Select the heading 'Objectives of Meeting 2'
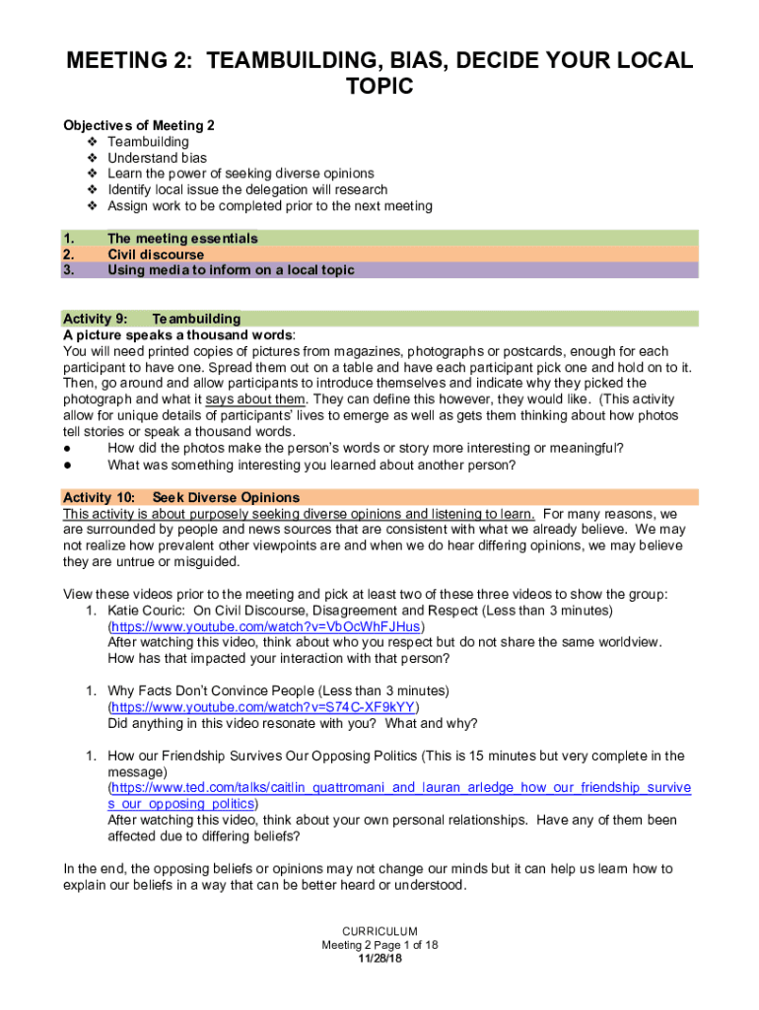point(139,125)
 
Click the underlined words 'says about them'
point(256,398)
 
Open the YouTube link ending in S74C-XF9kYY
point(264,707)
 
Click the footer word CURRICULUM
point(379,931)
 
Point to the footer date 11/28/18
point(379,958)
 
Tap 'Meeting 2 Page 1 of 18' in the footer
point(379,945)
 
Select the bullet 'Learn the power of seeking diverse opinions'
point(241,174)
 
